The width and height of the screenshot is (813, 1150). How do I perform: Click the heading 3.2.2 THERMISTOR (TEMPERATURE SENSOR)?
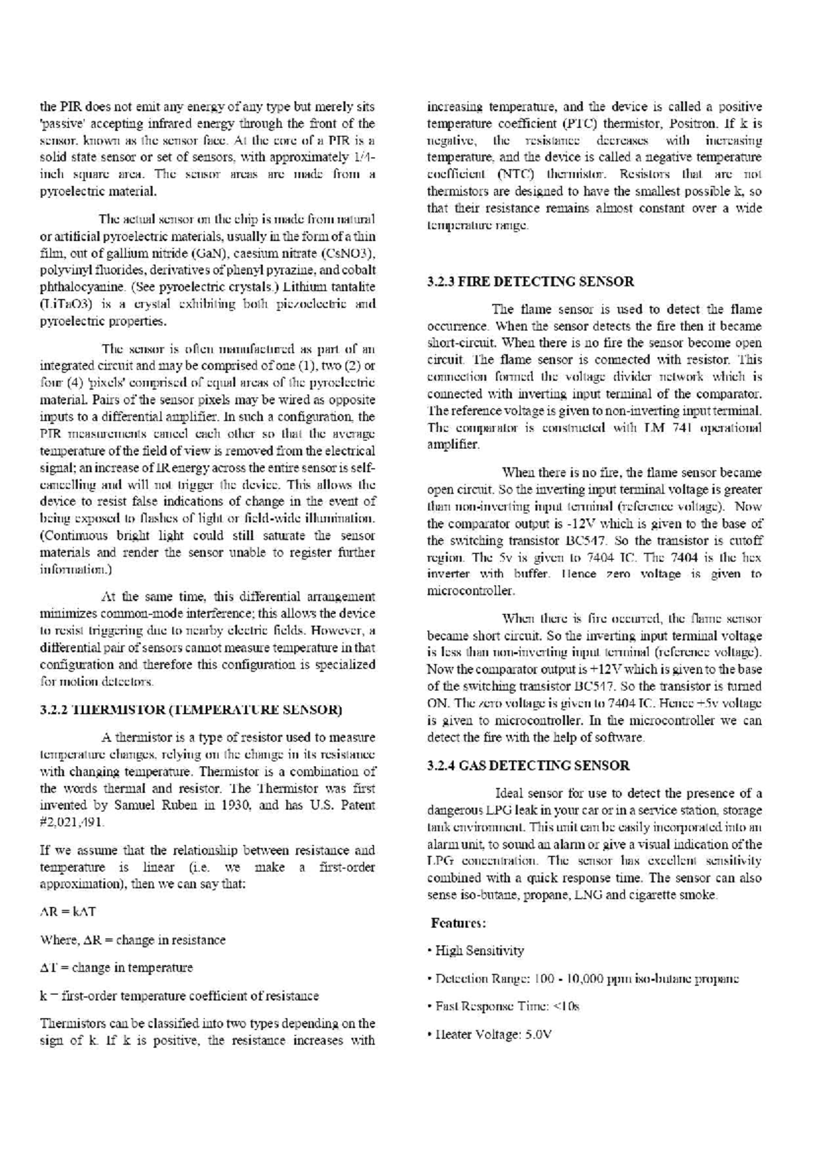click(192, 710)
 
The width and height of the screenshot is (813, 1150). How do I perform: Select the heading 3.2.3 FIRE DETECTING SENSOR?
click(531, 281)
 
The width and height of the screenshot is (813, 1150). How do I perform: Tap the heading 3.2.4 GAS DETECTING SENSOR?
click(528, 766)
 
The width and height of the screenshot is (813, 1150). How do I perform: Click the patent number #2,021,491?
click(72, 822)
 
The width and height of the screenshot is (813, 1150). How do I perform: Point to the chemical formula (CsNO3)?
click(348, 253)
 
